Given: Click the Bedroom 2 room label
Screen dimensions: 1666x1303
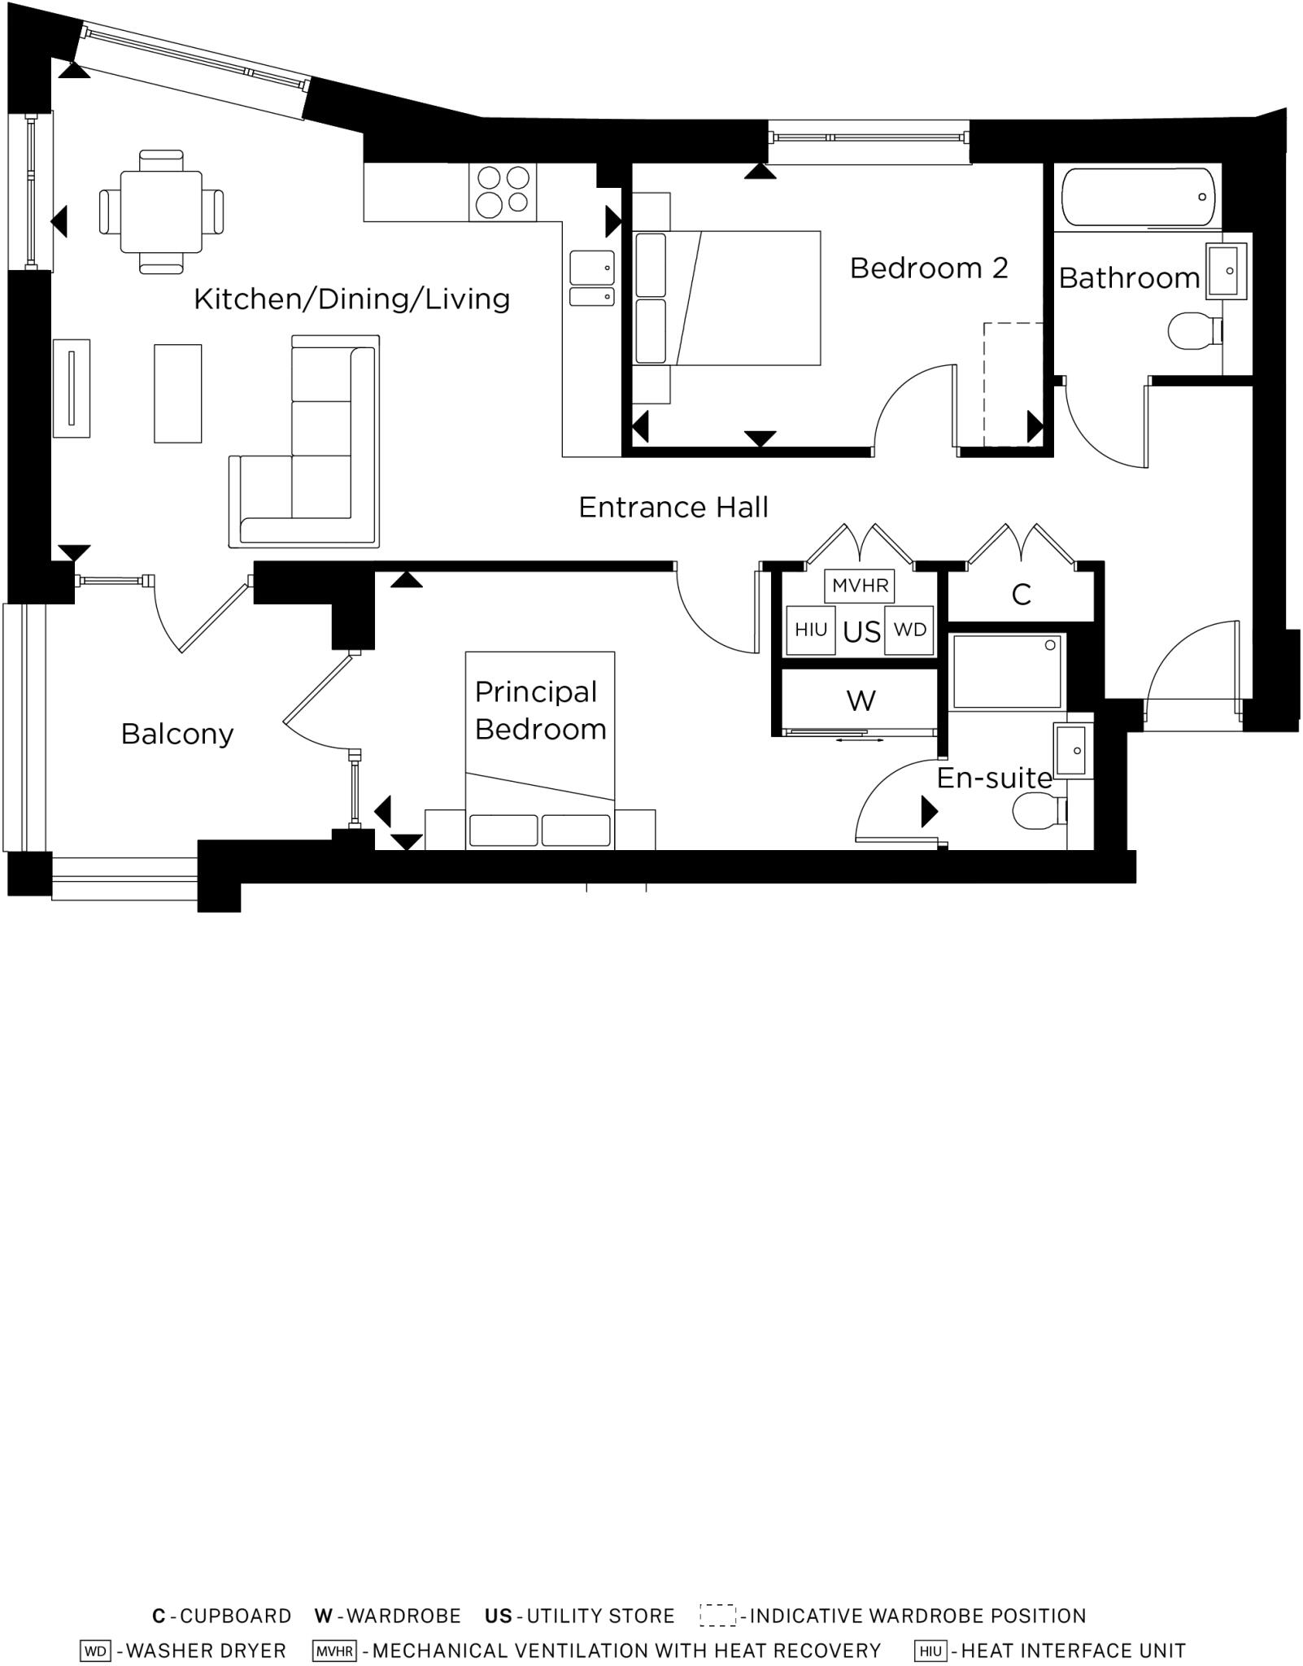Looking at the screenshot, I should (928, 268).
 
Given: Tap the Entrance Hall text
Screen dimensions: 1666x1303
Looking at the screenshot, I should (673, 508).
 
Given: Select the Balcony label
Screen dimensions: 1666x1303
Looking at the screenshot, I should (177, 734).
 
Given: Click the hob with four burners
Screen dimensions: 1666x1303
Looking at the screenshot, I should (502, 192).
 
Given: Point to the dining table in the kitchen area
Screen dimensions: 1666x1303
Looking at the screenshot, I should (161, 212).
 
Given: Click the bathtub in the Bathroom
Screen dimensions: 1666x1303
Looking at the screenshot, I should (1138, 197).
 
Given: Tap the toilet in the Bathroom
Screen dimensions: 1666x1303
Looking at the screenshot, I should (1193, 331).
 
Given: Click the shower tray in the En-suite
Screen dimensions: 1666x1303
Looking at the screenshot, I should (1007, 672).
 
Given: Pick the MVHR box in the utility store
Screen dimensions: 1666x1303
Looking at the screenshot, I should (860, 586).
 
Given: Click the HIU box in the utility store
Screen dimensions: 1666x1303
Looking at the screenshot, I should (810, 630).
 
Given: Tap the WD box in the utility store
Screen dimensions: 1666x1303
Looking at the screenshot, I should (909, 630).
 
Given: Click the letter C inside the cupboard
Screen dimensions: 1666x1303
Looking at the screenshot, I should (1022, 595).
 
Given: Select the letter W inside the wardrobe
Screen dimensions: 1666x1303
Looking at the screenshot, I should (861, 700).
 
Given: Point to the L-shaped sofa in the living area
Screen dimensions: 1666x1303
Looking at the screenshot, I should (325, 456).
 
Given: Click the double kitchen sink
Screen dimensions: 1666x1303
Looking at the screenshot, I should (591, 278).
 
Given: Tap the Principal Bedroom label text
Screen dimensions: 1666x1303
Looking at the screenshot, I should (539, 710).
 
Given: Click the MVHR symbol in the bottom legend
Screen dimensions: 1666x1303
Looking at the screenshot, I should (334, 1651).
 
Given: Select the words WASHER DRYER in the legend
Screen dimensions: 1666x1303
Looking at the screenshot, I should (207, 1651).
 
